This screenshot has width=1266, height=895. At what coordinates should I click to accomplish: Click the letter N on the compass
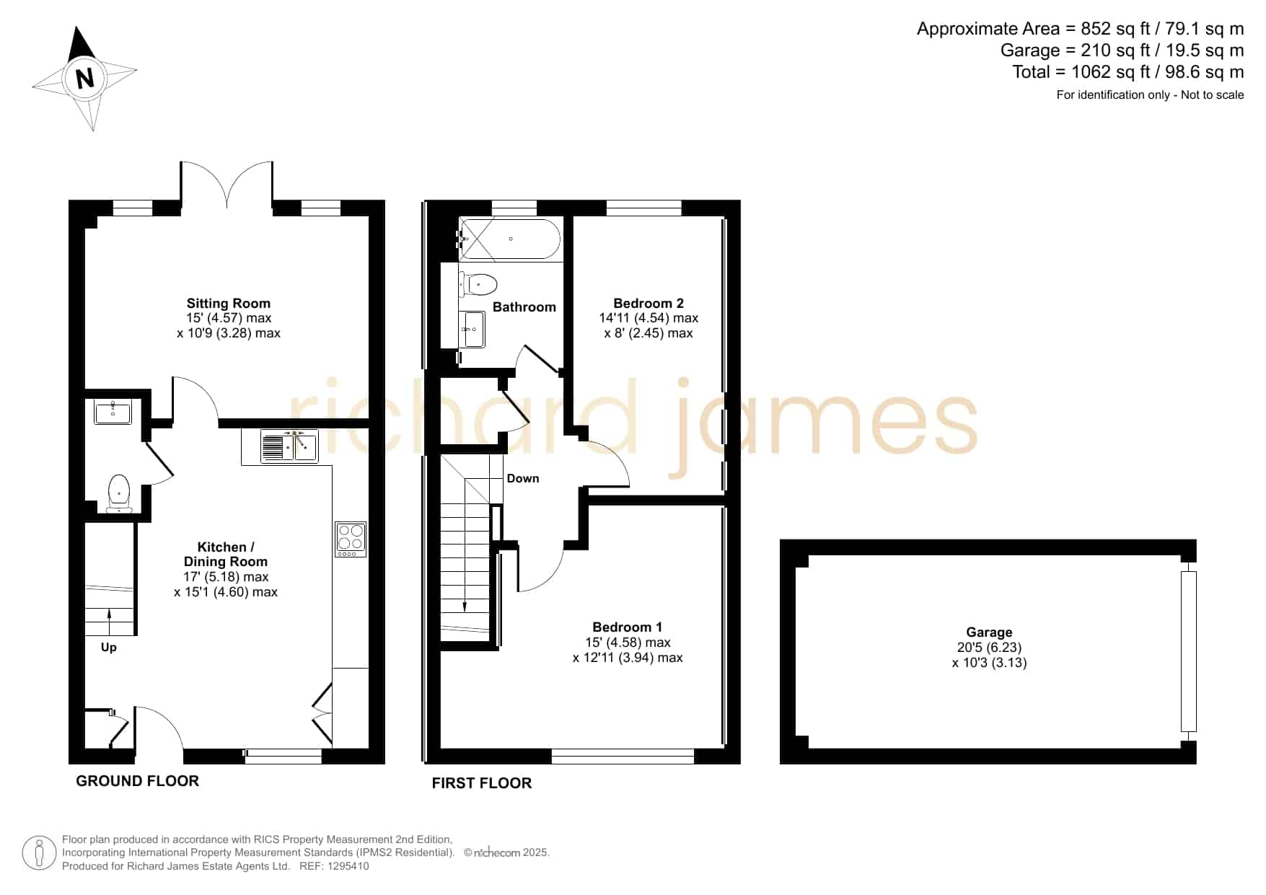click(x=85, y=77)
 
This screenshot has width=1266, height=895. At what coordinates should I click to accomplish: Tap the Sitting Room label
click(x=229, y=304)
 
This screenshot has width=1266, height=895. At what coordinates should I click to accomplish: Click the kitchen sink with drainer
click(x=289, y=446)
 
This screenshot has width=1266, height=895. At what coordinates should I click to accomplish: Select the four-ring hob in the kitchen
click(x=351, y=539)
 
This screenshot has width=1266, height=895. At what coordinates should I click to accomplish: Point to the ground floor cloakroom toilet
click(x=118, y=493)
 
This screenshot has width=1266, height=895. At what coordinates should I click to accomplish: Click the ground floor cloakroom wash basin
click(x=113, y=413)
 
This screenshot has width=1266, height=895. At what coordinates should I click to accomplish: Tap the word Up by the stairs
click(x=109, y=648)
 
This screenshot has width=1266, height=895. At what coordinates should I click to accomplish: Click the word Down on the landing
click(x=523, y=478)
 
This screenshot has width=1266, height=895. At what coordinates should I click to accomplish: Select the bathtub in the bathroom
click(x=510, y=239)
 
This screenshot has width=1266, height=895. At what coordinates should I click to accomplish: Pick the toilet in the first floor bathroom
click(x=479, y=284)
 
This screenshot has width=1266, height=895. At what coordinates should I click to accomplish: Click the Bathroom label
click(x=524, y=307)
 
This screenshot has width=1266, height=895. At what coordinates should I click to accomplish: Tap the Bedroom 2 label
click(x=649, y=304)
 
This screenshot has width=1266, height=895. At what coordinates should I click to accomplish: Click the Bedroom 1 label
click(x=628, y=627)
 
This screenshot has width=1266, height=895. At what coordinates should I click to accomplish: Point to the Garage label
click(x=990, y=632)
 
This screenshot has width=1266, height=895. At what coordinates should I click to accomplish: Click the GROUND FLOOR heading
click(x=138, y=781)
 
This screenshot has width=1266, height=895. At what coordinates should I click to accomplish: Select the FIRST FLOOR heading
click(x=482, y=783)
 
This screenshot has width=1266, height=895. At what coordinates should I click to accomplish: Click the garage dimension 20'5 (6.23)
click(x=990, y=648)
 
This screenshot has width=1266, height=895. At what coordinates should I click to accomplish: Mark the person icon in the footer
click(x=39, y=853)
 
